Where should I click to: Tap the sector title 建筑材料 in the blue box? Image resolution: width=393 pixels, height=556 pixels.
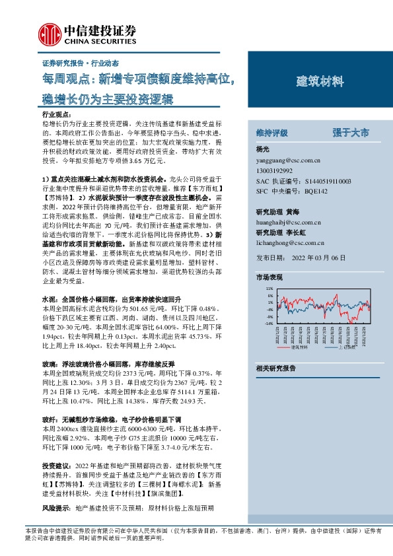tap(320, 82)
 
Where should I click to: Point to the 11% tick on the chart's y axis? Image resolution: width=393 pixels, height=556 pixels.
tap(269, 289)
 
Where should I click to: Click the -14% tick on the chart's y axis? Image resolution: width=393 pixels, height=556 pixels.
tap(268, 324)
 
